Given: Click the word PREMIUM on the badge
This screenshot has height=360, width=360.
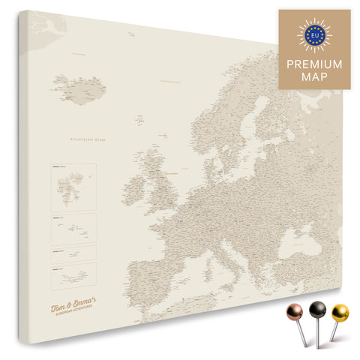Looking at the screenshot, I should click(315, 64).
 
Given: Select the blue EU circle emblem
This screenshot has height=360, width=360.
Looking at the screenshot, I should click(315, 34).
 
